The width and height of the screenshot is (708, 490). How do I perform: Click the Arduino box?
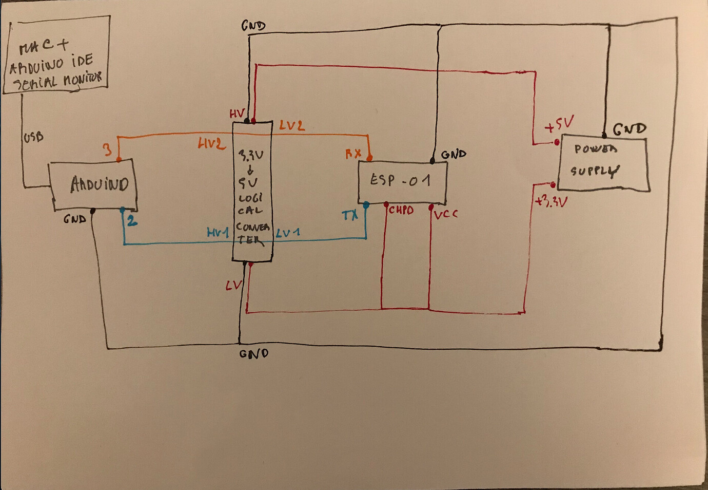pyautogui.click(x=95, y=185)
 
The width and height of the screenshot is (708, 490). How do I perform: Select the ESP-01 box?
pyautogui.click(x=402, y=181)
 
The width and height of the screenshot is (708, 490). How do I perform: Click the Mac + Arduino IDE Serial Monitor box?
pyautogui.click(x=56, y=55)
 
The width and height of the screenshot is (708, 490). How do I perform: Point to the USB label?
pyautogui.click(x=34, y=137)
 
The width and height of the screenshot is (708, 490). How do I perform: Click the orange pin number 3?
pyautogui.click(x=107, y=150)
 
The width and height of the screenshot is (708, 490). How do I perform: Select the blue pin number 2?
pyautogui.click(x=132, y=221)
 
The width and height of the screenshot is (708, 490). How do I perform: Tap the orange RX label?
pyautogui.click(x=353, y=153)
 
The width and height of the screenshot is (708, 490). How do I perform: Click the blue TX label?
pyautogui.click(x=350, y=216)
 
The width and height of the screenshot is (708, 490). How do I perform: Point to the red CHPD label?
pyautogui.click(x=401, y=210)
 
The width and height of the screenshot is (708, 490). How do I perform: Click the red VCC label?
pyautogui.click(x=445, y=214)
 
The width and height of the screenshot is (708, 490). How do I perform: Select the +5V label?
pyautogui.click(x=559, y=124)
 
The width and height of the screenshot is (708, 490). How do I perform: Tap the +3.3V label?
pyautogui.click(x=551, y=201)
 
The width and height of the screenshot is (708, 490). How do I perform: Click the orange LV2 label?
pyautogui.click(x=291, y=125)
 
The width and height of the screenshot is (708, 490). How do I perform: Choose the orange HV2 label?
pyautogui.click(x=211, y=144)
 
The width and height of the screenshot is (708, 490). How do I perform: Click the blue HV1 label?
pyautogui.click(x=218, y=233)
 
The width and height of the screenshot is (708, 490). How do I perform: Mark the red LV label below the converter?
pyautogui.click(x=233, y=285)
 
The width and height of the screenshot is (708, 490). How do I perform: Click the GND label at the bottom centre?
pyautogui.click(x=253, y=354)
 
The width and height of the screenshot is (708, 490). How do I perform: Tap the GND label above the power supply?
pyautogui.click(x=629, y=129)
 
